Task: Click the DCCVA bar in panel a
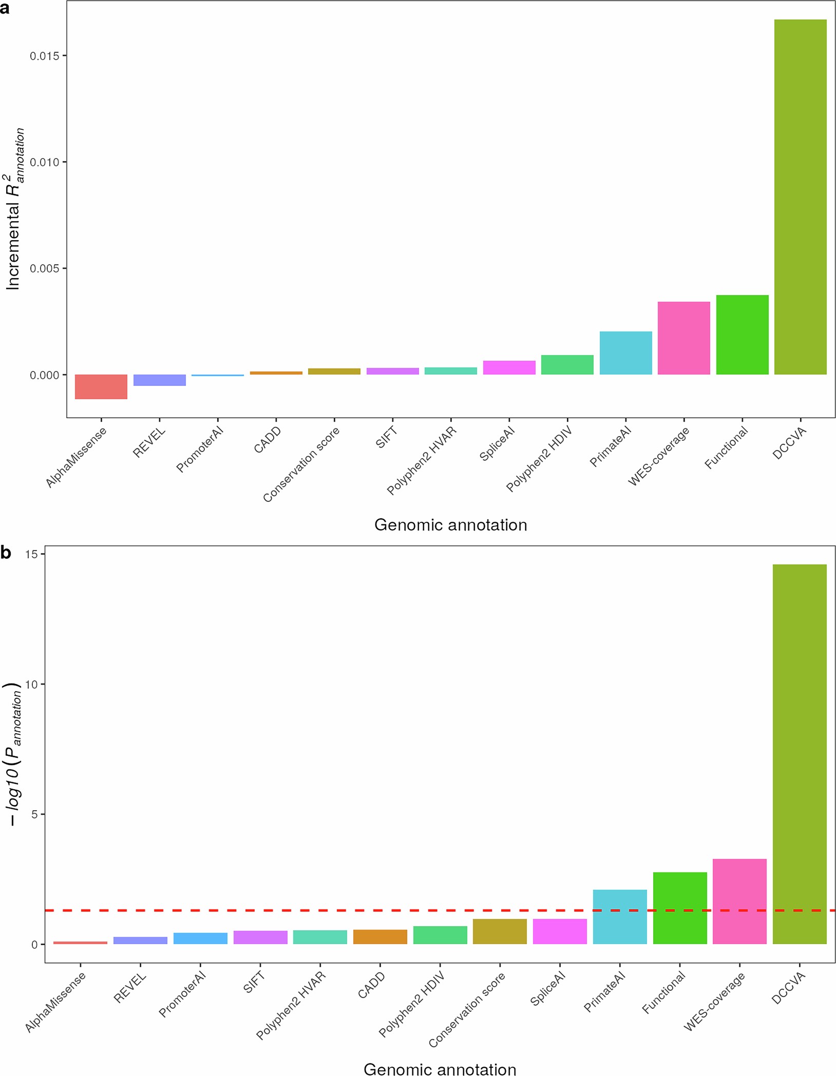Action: [x=800, y=197]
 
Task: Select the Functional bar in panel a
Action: [x=742, y=335]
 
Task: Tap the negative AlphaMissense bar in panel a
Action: [x=101, y=387]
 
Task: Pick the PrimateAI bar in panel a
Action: [x=625, y=353]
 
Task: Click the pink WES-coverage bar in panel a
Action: [x=683, y=338]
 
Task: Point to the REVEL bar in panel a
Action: [x=159, y=380]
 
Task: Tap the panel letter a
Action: [x=5, y=9]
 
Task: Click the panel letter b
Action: [x=6, y=553]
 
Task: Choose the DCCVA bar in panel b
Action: [x=799, y=754]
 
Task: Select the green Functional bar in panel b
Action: [x=679, y=908]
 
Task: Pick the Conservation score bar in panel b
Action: [x=500, y=931]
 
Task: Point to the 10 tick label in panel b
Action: [x=31, y=684]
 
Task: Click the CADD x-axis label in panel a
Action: [x=268, y=440]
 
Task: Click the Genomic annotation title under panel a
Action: [x=450, y=525]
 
